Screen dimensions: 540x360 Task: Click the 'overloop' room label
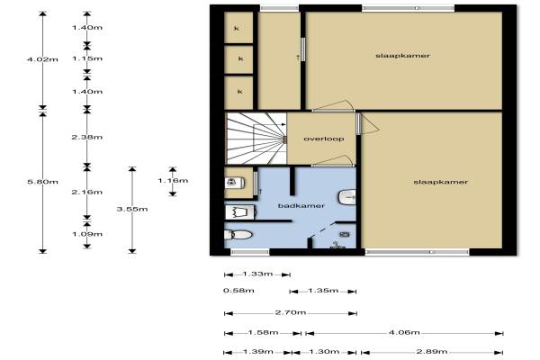coord(324,139)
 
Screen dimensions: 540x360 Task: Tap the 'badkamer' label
coord(301,206)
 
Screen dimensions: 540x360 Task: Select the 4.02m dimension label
coord(42,59)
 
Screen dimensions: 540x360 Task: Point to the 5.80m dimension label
coord(42,182)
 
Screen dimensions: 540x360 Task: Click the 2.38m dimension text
coord(87,137)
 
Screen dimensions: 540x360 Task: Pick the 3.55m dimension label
coord(132,209)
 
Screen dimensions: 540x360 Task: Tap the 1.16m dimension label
coord(173,181)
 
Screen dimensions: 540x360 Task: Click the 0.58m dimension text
coord(238,291)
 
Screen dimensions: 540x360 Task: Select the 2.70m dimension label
coord(291,312)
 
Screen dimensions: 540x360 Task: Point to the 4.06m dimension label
coord(404,332)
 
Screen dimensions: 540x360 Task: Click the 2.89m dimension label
coord(432,351)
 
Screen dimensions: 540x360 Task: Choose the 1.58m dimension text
coord(263,332)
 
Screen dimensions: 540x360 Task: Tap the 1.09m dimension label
coord(87,234)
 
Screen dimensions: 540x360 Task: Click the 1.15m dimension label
coord(87,58)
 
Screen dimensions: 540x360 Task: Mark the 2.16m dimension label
coord(87,192)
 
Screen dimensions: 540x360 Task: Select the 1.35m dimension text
coord(323,291)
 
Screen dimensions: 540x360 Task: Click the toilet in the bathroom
coord(238,235)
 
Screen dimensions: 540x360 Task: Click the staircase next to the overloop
coord(256,139)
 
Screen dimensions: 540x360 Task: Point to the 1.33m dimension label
coord(257,274)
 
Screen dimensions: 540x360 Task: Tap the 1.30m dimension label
coord(324,351)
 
